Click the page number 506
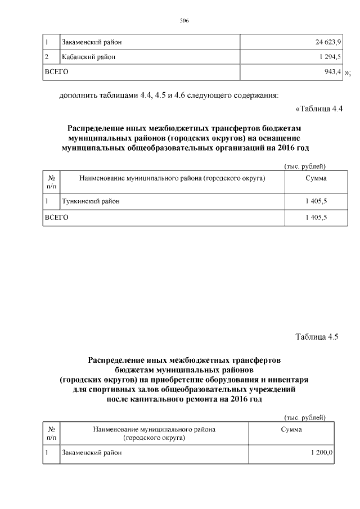tap(184, 21)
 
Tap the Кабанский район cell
tap(89, 57)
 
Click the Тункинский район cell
tap(91, 201)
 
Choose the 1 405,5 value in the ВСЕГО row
tap(316, 217)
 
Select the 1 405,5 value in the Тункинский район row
tap(316, 201)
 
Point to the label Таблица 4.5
tap(316, 337)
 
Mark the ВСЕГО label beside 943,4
tap(56, 71)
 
